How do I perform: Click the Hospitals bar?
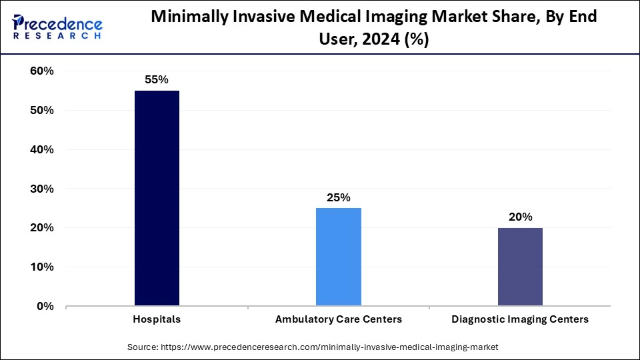tap(157, 199)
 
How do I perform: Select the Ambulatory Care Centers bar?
tap(339, 257)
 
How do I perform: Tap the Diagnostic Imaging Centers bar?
tap(520, 267)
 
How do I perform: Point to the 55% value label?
tap(157, 79)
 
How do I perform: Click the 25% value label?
tap(339, 197)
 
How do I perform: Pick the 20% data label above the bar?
tap(520, 217)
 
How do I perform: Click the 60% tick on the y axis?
tap(41, 71)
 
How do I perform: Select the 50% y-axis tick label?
tap(41, 111)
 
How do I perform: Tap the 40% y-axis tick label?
tap(41, 150)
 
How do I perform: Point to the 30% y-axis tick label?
tap(41, 189)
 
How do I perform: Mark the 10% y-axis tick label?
tap(41, 267)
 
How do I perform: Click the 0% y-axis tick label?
tap(44, 307)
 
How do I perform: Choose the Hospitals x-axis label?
tap(157, 319)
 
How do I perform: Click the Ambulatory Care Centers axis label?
tap(339, 319)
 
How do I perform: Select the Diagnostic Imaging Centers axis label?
tap(520, 319)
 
